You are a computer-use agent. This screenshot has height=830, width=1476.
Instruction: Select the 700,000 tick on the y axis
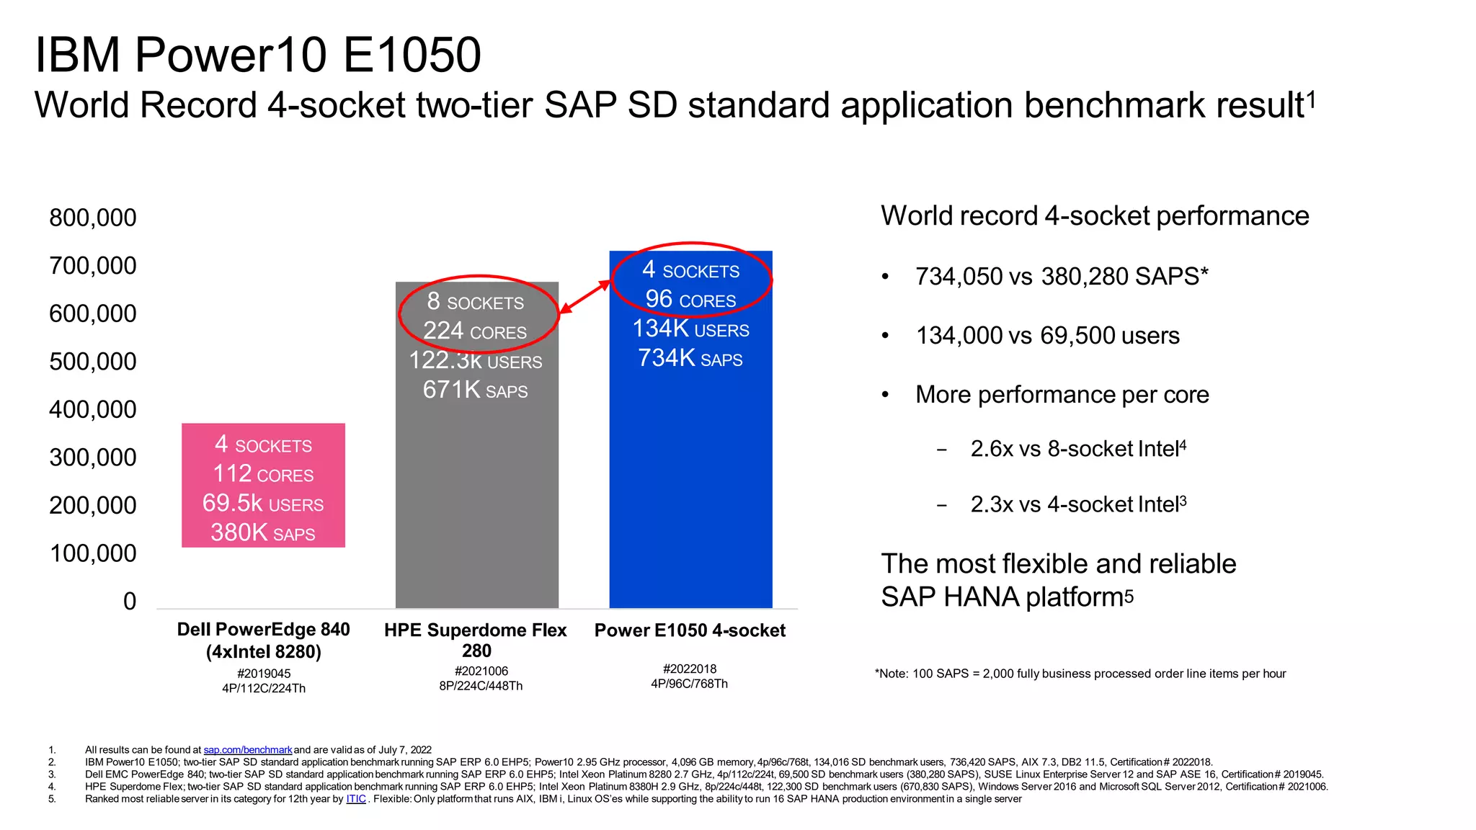click(93, 266)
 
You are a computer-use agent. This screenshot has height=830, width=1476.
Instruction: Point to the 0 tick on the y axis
click(130, 601)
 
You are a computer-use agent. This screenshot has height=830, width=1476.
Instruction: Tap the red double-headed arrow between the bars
click(584, 297)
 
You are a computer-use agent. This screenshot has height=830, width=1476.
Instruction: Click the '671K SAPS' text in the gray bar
click(475, 391)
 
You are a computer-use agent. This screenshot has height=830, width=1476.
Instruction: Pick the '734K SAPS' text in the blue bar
click(690, 358)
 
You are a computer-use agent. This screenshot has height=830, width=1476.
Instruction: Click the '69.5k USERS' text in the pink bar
click(263, 504)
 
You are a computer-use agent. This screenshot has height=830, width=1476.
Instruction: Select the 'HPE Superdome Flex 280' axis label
click(476, 640)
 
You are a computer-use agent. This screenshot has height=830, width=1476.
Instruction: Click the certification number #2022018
click(689, 669)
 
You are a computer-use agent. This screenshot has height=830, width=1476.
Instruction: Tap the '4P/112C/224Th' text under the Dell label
click(264, 688)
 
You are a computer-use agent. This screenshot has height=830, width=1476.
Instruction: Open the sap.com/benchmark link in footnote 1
click(247, 750)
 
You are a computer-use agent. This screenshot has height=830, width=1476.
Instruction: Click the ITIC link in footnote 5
click(356, 799)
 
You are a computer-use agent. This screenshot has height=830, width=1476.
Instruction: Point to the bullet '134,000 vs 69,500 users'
click(1047, 336)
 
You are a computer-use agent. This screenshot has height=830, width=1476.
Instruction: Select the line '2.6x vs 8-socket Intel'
click(1077, 449)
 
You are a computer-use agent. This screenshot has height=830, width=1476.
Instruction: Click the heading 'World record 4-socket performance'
click(1094, 216)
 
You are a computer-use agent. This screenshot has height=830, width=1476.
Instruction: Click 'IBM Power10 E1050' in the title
click(258, 55)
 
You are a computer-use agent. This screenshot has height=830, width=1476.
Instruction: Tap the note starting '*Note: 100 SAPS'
click(1080, 674)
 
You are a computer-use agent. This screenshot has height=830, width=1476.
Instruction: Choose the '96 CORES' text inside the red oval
click(690, 300)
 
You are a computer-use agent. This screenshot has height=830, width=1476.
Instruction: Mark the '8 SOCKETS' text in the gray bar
click(475, 302)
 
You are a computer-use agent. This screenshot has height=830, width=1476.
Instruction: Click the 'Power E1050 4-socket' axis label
click(690, 630)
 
